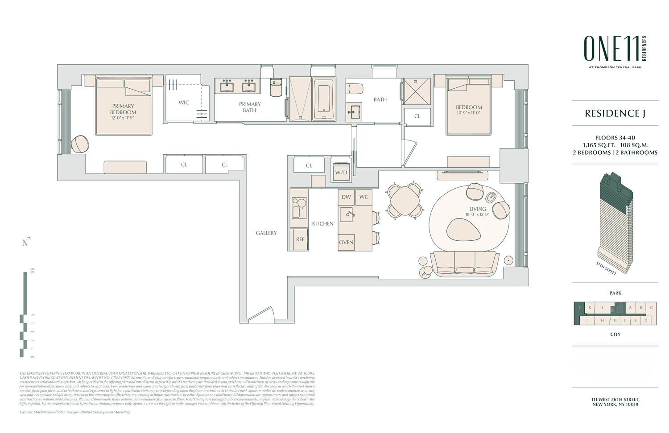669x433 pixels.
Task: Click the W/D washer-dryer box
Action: tap(341, 172)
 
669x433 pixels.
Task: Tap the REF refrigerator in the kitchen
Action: tap(300, 239)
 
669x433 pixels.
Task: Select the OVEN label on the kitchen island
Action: tap(346, 242)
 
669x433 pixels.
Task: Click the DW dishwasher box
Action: tap(346, 197)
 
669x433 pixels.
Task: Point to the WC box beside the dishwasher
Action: tap(364, 197)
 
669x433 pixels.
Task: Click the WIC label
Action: tap(184, 103)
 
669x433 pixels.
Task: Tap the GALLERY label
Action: tap(266, 233)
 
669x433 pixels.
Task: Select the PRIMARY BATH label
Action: tap(250, 107)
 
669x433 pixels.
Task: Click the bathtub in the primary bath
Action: tap(324, 99)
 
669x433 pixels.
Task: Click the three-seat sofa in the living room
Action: tap(464, 264)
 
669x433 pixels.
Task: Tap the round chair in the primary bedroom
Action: tap(80, 144)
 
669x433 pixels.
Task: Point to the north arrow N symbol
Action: tap(26, 242)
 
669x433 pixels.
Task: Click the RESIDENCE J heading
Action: tap(615, 113)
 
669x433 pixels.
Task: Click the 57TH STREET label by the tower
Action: tap(606, 268)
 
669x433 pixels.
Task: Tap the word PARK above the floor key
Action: tap(615, 293)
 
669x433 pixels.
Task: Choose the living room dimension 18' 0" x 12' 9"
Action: tap(477, 214)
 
